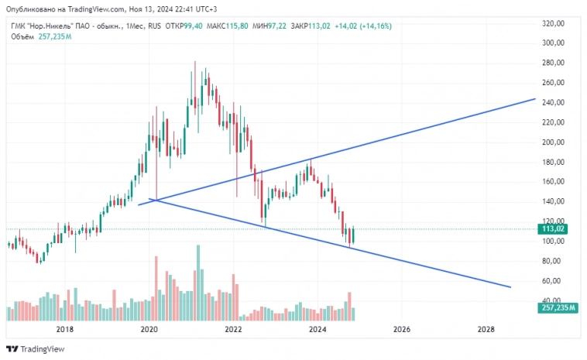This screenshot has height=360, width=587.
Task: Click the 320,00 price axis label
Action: tap(553, 23)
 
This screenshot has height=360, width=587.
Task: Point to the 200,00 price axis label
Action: tap(553, 142)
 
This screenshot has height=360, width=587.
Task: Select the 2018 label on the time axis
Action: tap(65, 329)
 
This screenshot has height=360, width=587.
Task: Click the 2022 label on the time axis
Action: tap(233, 329)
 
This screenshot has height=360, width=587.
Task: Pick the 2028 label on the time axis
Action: tap(486, 329)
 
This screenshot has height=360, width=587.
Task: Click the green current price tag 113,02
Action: tap(554, 229)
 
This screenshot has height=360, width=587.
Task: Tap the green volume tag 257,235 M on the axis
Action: tap(557, 307)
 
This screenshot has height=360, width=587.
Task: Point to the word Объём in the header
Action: tap(22, 36)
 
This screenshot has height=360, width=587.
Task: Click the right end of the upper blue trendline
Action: tap(535, 99)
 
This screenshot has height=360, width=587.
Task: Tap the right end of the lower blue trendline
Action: tap(510, 287)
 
